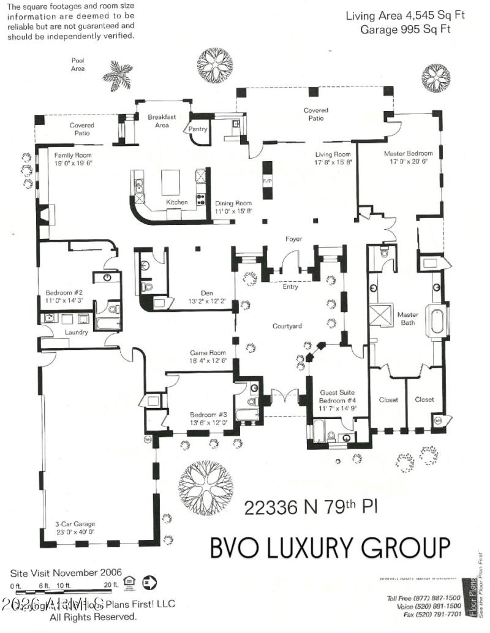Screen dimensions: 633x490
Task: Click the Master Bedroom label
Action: point(408,153)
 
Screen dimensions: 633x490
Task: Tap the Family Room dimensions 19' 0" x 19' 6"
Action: point(72,164)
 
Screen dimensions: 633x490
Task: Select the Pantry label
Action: point(198,129)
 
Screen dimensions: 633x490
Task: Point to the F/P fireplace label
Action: point(267,182)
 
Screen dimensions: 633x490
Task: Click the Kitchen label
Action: point(177,202)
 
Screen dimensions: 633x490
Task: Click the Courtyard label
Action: point(287,326)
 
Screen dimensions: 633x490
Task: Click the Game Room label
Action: point(208,353)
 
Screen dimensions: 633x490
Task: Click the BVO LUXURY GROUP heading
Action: point(330,547)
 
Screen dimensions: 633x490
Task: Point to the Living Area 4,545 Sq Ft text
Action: point(405,15)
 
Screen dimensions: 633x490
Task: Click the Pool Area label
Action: point(77,64)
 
